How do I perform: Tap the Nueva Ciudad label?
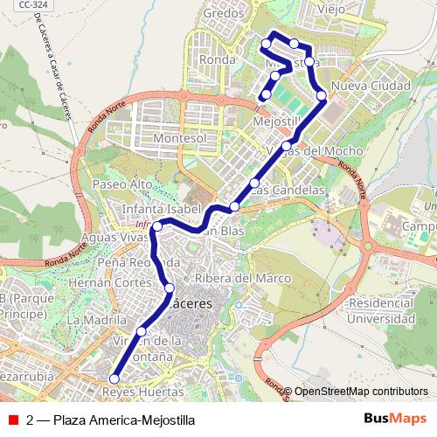(x=371, y=87)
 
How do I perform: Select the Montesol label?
(x=179, y=139)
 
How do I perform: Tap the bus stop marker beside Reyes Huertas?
(x=113, y=378)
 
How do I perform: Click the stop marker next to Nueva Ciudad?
(x=322, y=95)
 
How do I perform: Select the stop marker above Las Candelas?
(x=254, y=183)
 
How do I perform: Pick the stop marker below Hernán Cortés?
(x=170, y=288)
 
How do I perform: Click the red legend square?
(x=14, y=419)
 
